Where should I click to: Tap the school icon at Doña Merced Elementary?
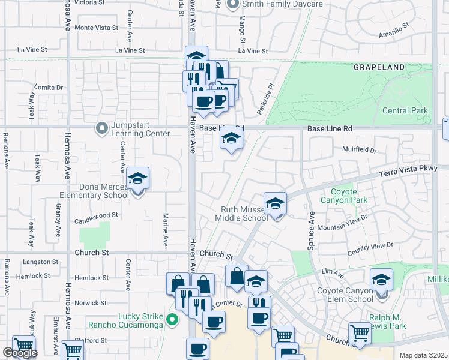137,179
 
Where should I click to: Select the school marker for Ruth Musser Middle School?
275,204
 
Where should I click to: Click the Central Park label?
405,110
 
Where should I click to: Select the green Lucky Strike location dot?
173,319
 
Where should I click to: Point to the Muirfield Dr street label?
359,149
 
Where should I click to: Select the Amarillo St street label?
393,31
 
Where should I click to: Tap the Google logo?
20,353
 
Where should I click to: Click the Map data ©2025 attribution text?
424,355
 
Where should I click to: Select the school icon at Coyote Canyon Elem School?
381,280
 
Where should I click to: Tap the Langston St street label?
41,262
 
